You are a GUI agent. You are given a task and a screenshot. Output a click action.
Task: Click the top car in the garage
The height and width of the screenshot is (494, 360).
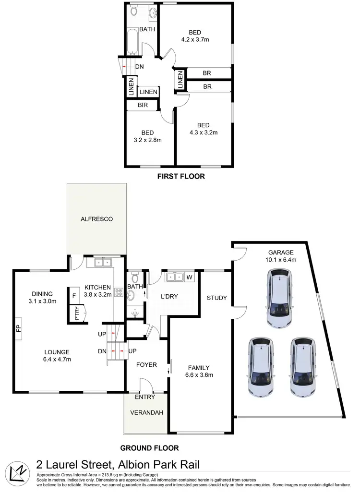[279, 297]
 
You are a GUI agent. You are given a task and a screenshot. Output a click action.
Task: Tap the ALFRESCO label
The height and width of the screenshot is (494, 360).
[96, 219]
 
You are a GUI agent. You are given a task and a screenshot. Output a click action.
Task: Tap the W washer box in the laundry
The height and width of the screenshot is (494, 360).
[189, 277]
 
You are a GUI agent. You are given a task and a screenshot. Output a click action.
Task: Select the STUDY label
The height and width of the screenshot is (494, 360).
[216, 298]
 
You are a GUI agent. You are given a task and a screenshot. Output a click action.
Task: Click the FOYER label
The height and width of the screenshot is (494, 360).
[146, 365]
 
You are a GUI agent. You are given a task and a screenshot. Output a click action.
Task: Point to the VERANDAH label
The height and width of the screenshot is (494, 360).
[146, 413]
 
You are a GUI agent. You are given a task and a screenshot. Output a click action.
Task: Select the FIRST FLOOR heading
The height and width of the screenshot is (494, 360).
[181, 177]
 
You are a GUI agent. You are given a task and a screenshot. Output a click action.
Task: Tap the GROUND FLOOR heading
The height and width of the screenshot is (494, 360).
[149, 448]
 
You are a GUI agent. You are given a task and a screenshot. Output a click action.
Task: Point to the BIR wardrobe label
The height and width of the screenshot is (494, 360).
[143, 105]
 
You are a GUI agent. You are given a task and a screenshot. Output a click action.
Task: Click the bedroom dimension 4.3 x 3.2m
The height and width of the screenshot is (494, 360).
[204, 133]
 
